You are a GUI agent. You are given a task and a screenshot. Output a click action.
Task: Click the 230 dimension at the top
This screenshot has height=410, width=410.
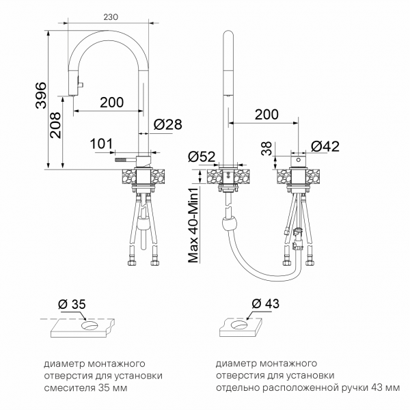[x=111, y=17]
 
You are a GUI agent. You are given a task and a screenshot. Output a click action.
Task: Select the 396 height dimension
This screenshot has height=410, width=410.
[x=41, y=95]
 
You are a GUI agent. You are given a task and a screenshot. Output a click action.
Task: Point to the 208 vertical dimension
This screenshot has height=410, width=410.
[x=55, y=125]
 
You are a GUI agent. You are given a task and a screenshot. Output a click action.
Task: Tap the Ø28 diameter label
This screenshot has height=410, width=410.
[x=167, y=124]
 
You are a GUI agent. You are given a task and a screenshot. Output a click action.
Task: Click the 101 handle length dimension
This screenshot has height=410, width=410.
[x=101, y=143]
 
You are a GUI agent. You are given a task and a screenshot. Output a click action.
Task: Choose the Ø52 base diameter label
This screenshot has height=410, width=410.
[x=202, y=156]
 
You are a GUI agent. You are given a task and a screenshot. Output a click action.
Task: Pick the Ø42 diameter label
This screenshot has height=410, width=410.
[x=325, y=146]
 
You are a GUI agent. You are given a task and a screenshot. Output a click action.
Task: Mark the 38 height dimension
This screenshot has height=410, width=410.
[x=266, y=148]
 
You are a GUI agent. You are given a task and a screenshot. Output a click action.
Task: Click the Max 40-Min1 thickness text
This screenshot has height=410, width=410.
[x=193, y=224]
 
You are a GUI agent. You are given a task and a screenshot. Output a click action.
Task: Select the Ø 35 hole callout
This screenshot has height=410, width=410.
[x=72, y=304]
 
